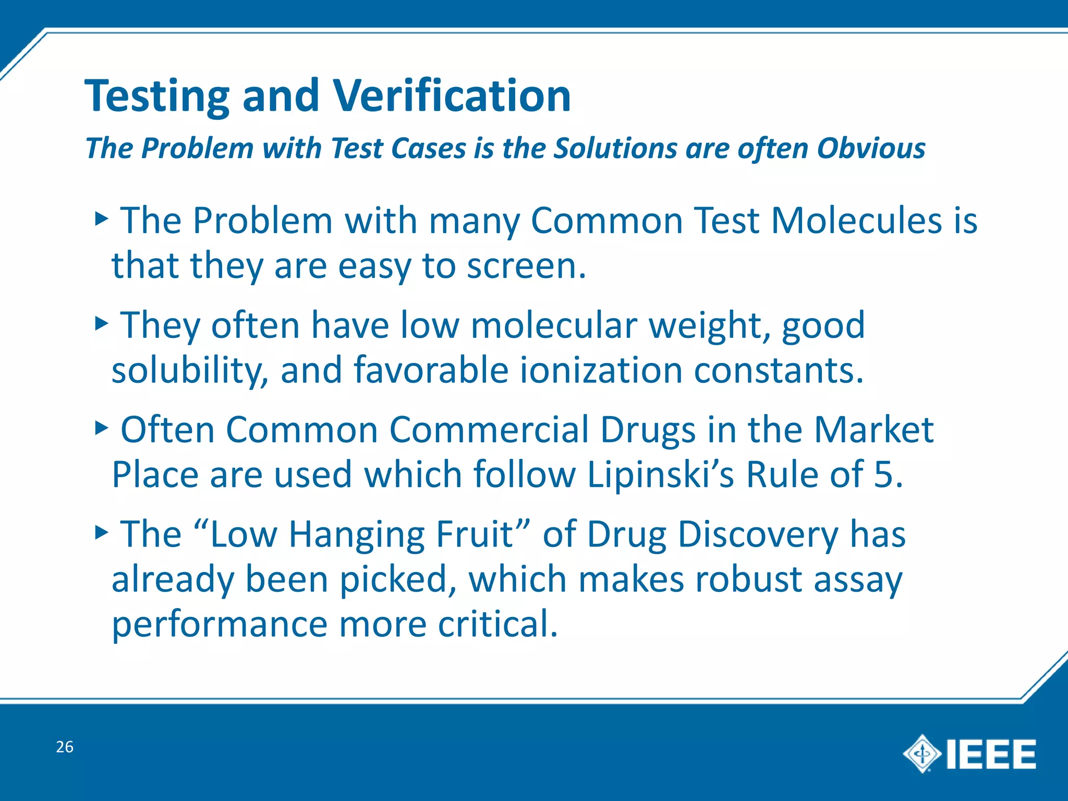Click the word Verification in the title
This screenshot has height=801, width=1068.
pyautogui.click(x=452, y=96)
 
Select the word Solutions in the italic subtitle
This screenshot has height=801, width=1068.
pyautogui.click(x=615, y=149)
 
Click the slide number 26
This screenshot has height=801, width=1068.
pyautogui.click(x=65, y=747)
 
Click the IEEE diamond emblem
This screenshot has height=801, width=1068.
pyautogui.click(x=922, y=754)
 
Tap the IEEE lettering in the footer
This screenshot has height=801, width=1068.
pyautogui.click(x=991, y=754)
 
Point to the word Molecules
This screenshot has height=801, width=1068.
pyautogui.click(x=856, y=221)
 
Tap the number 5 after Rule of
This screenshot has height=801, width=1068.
pyautogui.click(x=884, y=475)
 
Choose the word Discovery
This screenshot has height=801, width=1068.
pyautogui.click(x=758, y=535)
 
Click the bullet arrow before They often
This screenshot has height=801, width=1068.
pyautogui.click(x=102, y=324)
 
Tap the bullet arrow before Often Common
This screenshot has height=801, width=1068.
pyautogui.click(x=102, y=429)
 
